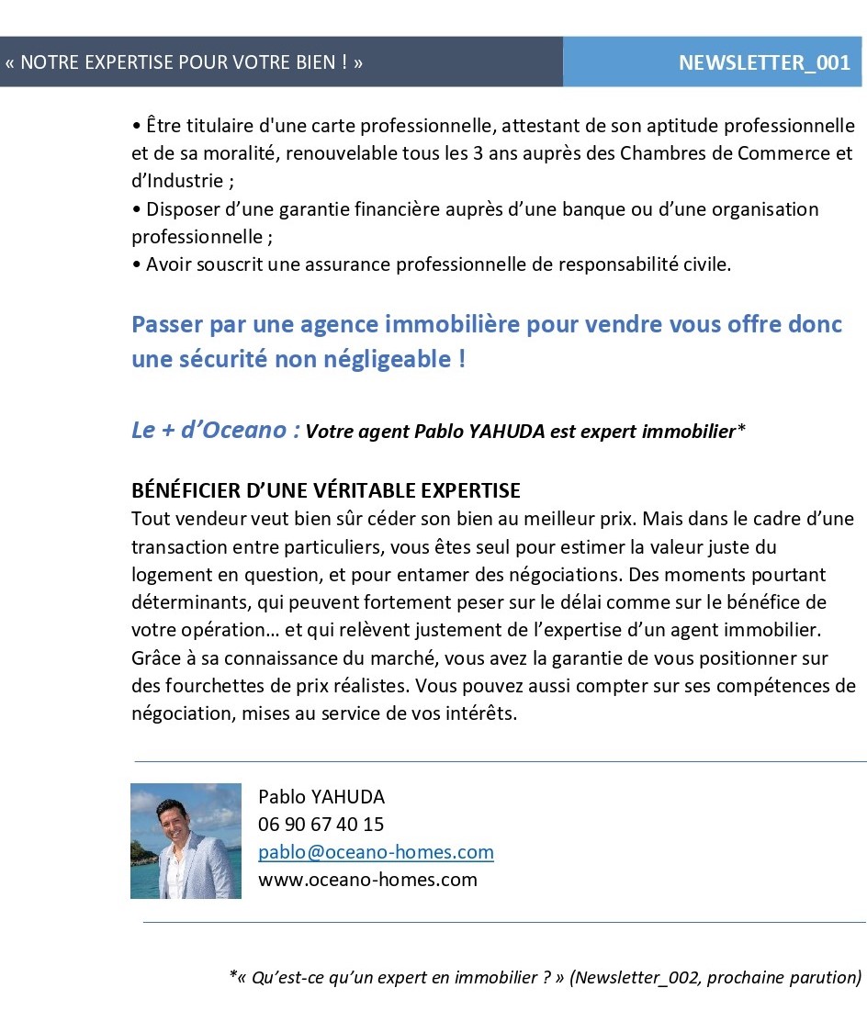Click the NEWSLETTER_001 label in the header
coord(764,63)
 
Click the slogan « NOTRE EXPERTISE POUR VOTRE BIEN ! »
coord(184,63)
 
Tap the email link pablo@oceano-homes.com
coord(376,852)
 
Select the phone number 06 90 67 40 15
coord(321,824)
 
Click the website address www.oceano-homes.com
coord(367,880)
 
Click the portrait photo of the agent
coord(186,840)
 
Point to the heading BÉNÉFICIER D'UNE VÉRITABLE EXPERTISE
coord(326,490)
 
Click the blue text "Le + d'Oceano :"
coord(215,430)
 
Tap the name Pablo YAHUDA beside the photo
coord(321,796)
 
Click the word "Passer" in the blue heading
coord(165,325)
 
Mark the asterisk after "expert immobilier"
coord(740,429)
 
